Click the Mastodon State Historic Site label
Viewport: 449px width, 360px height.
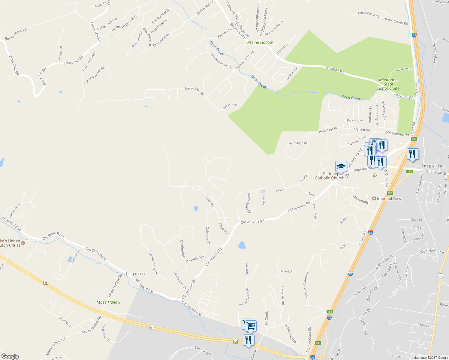point(388,84)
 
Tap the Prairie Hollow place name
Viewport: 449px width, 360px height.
point(260,42)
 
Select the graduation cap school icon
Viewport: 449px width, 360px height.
point(341,166)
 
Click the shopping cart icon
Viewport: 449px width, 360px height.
point(251,326)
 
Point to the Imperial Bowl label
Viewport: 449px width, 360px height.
point(389,199)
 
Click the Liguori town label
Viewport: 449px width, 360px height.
point(136,274)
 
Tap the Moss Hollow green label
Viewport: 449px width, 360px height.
point(108,302)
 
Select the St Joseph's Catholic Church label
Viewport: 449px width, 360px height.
point(330,176)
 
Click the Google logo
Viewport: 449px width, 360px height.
point(10,356)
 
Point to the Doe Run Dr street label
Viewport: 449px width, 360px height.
point(230,106)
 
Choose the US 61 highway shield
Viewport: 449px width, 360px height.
point(440,276)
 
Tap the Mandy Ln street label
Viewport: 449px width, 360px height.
point(288,271)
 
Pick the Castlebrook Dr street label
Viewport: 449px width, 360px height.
point(197,259)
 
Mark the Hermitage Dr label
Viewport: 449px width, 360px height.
point(298,143)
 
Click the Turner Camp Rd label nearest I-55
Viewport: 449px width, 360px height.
point(395,21)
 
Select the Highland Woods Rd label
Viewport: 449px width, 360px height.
point(94,75)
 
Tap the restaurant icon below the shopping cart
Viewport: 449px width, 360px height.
point(249,340)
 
